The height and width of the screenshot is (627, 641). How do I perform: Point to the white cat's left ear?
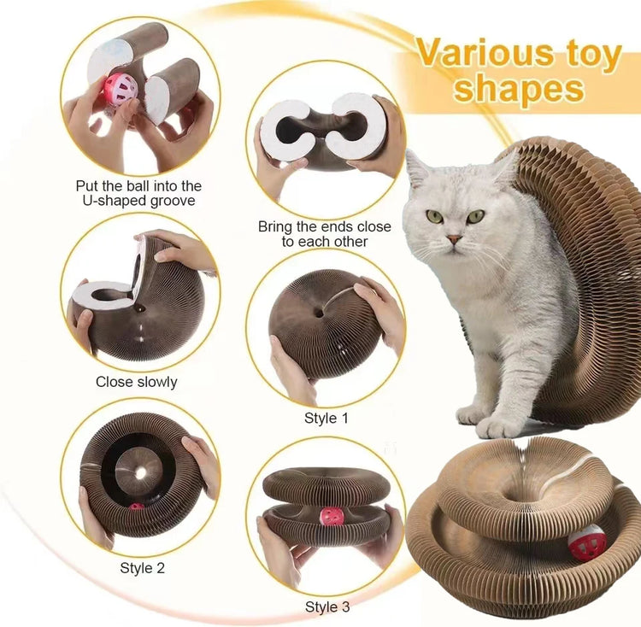(x=417, y=168)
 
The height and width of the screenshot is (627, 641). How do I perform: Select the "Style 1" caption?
(x=326, y=419)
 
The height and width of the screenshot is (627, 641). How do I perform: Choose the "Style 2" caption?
(x=142, y=565)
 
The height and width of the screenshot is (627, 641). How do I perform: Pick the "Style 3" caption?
(x=326, y=607)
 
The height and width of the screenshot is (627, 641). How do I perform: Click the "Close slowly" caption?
(x=138, y=382)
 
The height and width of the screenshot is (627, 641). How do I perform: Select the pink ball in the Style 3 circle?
(x=331, y=517)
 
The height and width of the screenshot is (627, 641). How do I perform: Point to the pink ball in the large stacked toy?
(x=586, y=540)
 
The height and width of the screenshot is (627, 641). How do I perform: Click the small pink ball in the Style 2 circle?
(x=137, y=507)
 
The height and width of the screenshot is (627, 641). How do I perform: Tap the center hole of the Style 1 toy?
(x=319, y=313)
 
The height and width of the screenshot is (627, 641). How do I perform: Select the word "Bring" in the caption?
(x=277, y=226)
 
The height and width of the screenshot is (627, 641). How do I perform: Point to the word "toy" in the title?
(x=590, y=54)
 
